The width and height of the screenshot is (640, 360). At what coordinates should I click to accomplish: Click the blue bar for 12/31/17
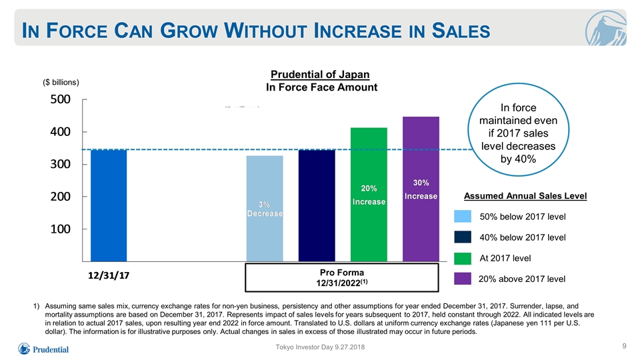109,205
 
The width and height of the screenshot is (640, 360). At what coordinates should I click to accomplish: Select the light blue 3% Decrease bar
265,209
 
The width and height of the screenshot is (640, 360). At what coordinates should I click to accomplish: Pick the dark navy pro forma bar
317,205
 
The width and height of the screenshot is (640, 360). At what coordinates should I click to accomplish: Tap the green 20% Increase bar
369,195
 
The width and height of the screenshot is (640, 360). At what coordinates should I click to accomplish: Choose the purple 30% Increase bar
421,189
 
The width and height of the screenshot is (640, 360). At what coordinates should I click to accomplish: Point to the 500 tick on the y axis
61,99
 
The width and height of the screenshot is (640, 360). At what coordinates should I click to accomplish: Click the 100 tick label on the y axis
61,229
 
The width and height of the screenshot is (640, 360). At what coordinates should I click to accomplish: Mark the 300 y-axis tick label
61,164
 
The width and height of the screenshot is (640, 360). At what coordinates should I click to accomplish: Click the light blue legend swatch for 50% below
463,216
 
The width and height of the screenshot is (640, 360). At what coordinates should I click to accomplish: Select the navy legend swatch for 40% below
463,237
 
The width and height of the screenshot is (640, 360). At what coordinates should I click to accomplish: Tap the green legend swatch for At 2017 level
463,258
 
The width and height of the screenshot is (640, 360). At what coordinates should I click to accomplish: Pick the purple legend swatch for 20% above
463,279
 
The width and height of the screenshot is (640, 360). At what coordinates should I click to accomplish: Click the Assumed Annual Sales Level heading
525,196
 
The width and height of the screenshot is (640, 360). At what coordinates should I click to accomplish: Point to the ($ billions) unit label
61,83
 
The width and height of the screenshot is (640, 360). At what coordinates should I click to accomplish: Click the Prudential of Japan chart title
321,75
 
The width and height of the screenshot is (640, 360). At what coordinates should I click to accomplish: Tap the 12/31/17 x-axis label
109,275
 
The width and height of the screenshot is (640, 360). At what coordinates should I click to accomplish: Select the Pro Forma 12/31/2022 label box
341,277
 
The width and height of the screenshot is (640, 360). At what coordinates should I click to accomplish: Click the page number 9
624,346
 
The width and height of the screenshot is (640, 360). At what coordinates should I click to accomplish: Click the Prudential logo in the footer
43,349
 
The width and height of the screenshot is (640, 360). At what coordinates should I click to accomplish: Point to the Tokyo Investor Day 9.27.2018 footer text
320,347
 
